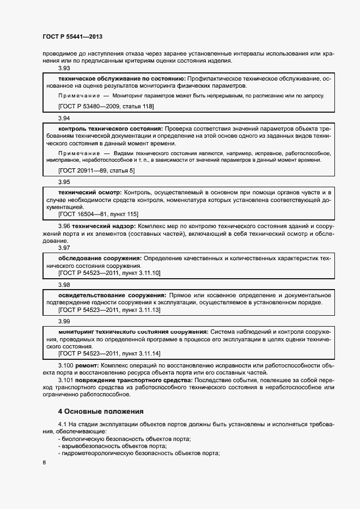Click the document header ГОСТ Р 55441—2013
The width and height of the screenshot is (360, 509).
tap(72, 36)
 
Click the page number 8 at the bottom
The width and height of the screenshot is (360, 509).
tap(44, 462)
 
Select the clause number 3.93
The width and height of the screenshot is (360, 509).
tap(64, 69)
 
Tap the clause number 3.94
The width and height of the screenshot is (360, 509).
tap(64, 118)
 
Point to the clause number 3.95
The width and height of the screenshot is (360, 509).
tap(64, 182)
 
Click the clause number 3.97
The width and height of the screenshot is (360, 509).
tap(64, 248)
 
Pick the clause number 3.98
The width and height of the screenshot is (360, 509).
tap(64, 285)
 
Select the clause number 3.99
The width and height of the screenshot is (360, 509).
tap(64, 322)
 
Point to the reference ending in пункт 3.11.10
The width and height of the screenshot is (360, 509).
tap(109, 272)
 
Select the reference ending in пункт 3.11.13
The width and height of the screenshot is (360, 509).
tap(109, 309)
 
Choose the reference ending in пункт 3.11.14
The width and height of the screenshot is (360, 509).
tap(109, 353)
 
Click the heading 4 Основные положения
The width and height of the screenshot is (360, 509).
tap(101, 411)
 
